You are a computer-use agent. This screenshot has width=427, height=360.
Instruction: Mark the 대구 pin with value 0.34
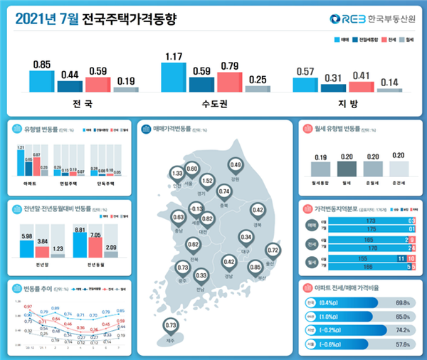246,237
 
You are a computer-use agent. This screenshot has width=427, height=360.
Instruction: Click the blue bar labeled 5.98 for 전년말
28,248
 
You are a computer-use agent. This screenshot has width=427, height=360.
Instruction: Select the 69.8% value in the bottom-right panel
402,302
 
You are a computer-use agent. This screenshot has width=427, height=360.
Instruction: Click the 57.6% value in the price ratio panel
402,344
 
